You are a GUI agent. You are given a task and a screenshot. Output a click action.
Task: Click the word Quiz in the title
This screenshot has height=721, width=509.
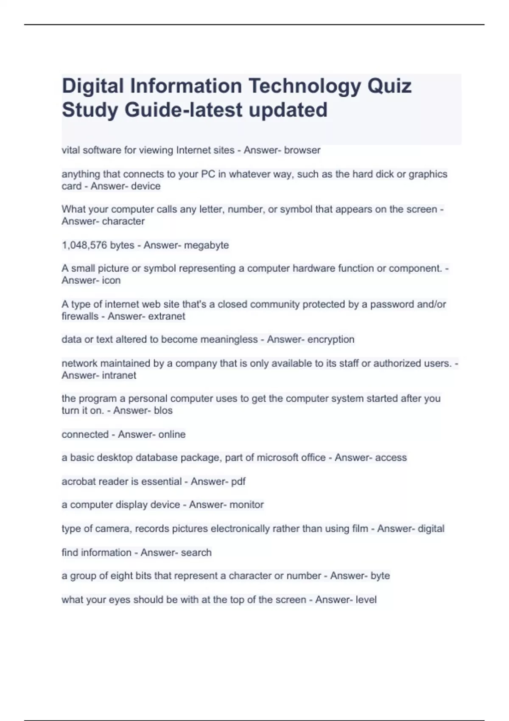389,86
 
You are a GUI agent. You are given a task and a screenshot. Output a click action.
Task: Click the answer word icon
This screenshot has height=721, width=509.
111,280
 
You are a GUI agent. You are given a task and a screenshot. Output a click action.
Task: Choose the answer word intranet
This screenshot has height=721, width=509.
119,375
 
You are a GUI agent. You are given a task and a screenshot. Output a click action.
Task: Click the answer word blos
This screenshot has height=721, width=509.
163,411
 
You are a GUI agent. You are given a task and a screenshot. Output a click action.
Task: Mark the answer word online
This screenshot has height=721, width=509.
172,434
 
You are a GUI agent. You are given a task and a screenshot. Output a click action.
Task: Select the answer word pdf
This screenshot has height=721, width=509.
238,481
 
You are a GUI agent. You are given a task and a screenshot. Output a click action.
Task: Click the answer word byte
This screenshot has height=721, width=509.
380,576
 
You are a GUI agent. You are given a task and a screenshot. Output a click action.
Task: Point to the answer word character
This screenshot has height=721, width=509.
123,221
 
